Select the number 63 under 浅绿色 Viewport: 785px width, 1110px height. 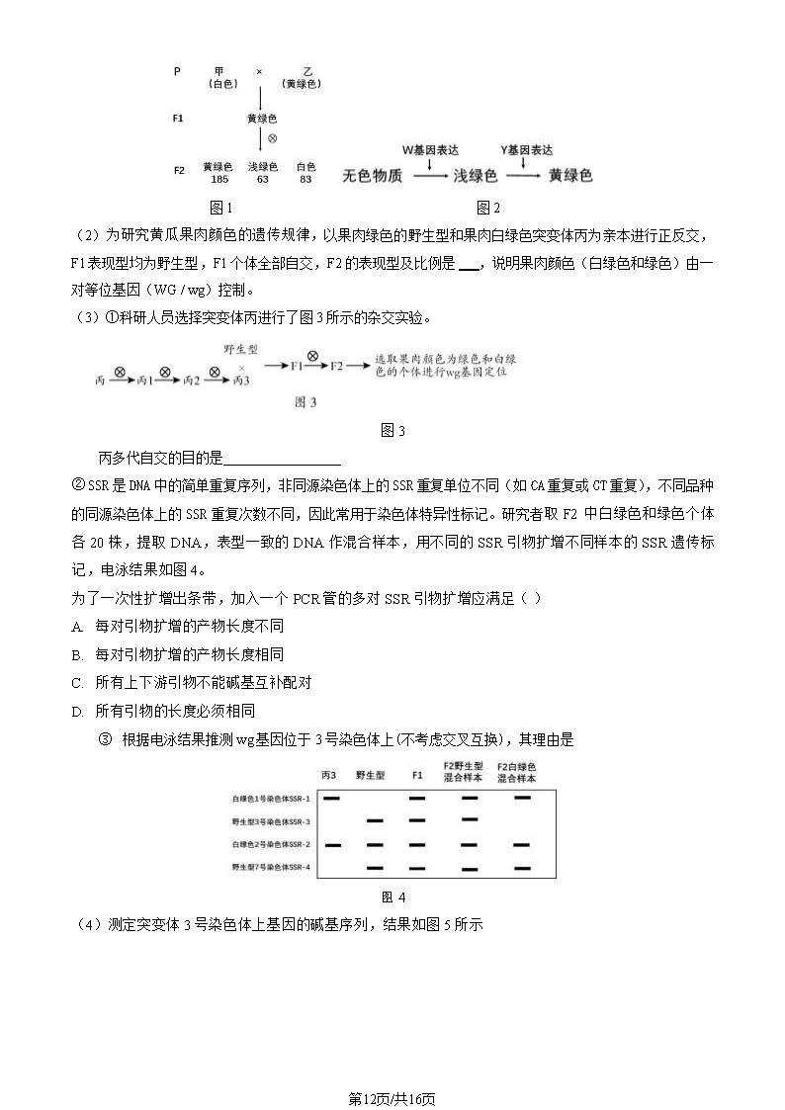click(x=262, y=180)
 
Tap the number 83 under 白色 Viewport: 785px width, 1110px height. click(x=305, y=180)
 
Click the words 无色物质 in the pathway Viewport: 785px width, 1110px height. click(x=372, y=176)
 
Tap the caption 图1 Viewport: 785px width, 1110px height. click(x=221, y=208)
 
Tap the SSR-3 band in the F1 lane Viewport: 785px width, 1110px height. click(x=417, y=820)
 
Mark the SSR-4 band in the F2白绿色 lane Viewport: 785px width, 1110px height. click(x=521, y=868)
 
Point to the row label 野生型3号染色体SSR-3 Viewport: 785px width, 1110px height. click(x=271, y=821)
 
